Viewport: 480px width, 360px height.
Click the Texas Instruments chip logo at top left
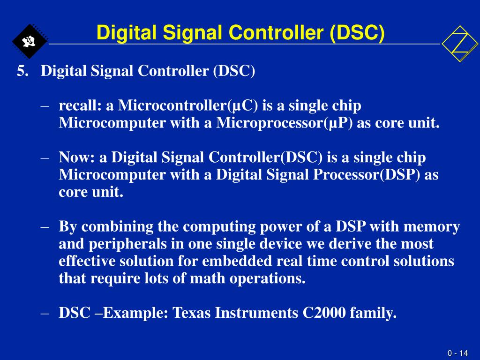[29, 41]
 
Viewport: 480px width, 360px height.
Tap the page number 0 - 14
[457, 353]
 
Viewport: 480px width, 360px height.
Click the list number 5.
[22, 72]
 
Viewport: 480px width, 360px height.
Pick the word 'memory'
[432, 227]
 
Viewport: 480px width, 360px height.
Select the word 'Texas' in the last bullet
[192, 313]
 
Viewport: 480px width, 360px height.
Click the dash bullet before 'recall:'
[45, 106]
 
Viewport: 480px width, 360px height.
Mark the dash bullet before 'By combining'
[45, 227]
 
